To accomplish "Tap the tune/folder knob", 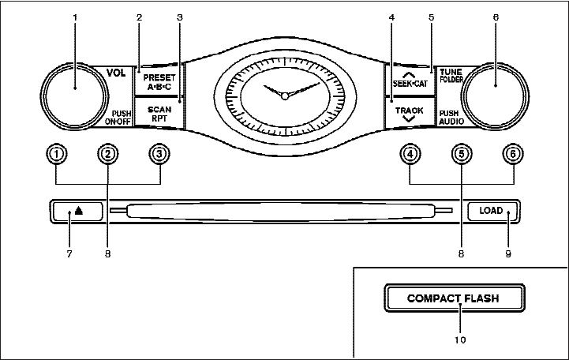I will click(495, 88).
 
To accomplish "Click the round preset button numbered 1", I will click(58, 155).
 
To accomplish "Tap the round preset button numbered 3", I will click(160, 155).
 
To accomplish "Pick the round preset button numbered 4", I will click(410, 155).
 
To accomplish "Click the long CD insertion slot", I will click(280, 212).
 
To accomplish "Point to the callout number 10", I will click(459, 340).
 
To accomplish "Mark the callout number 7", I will click(69, 254).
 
